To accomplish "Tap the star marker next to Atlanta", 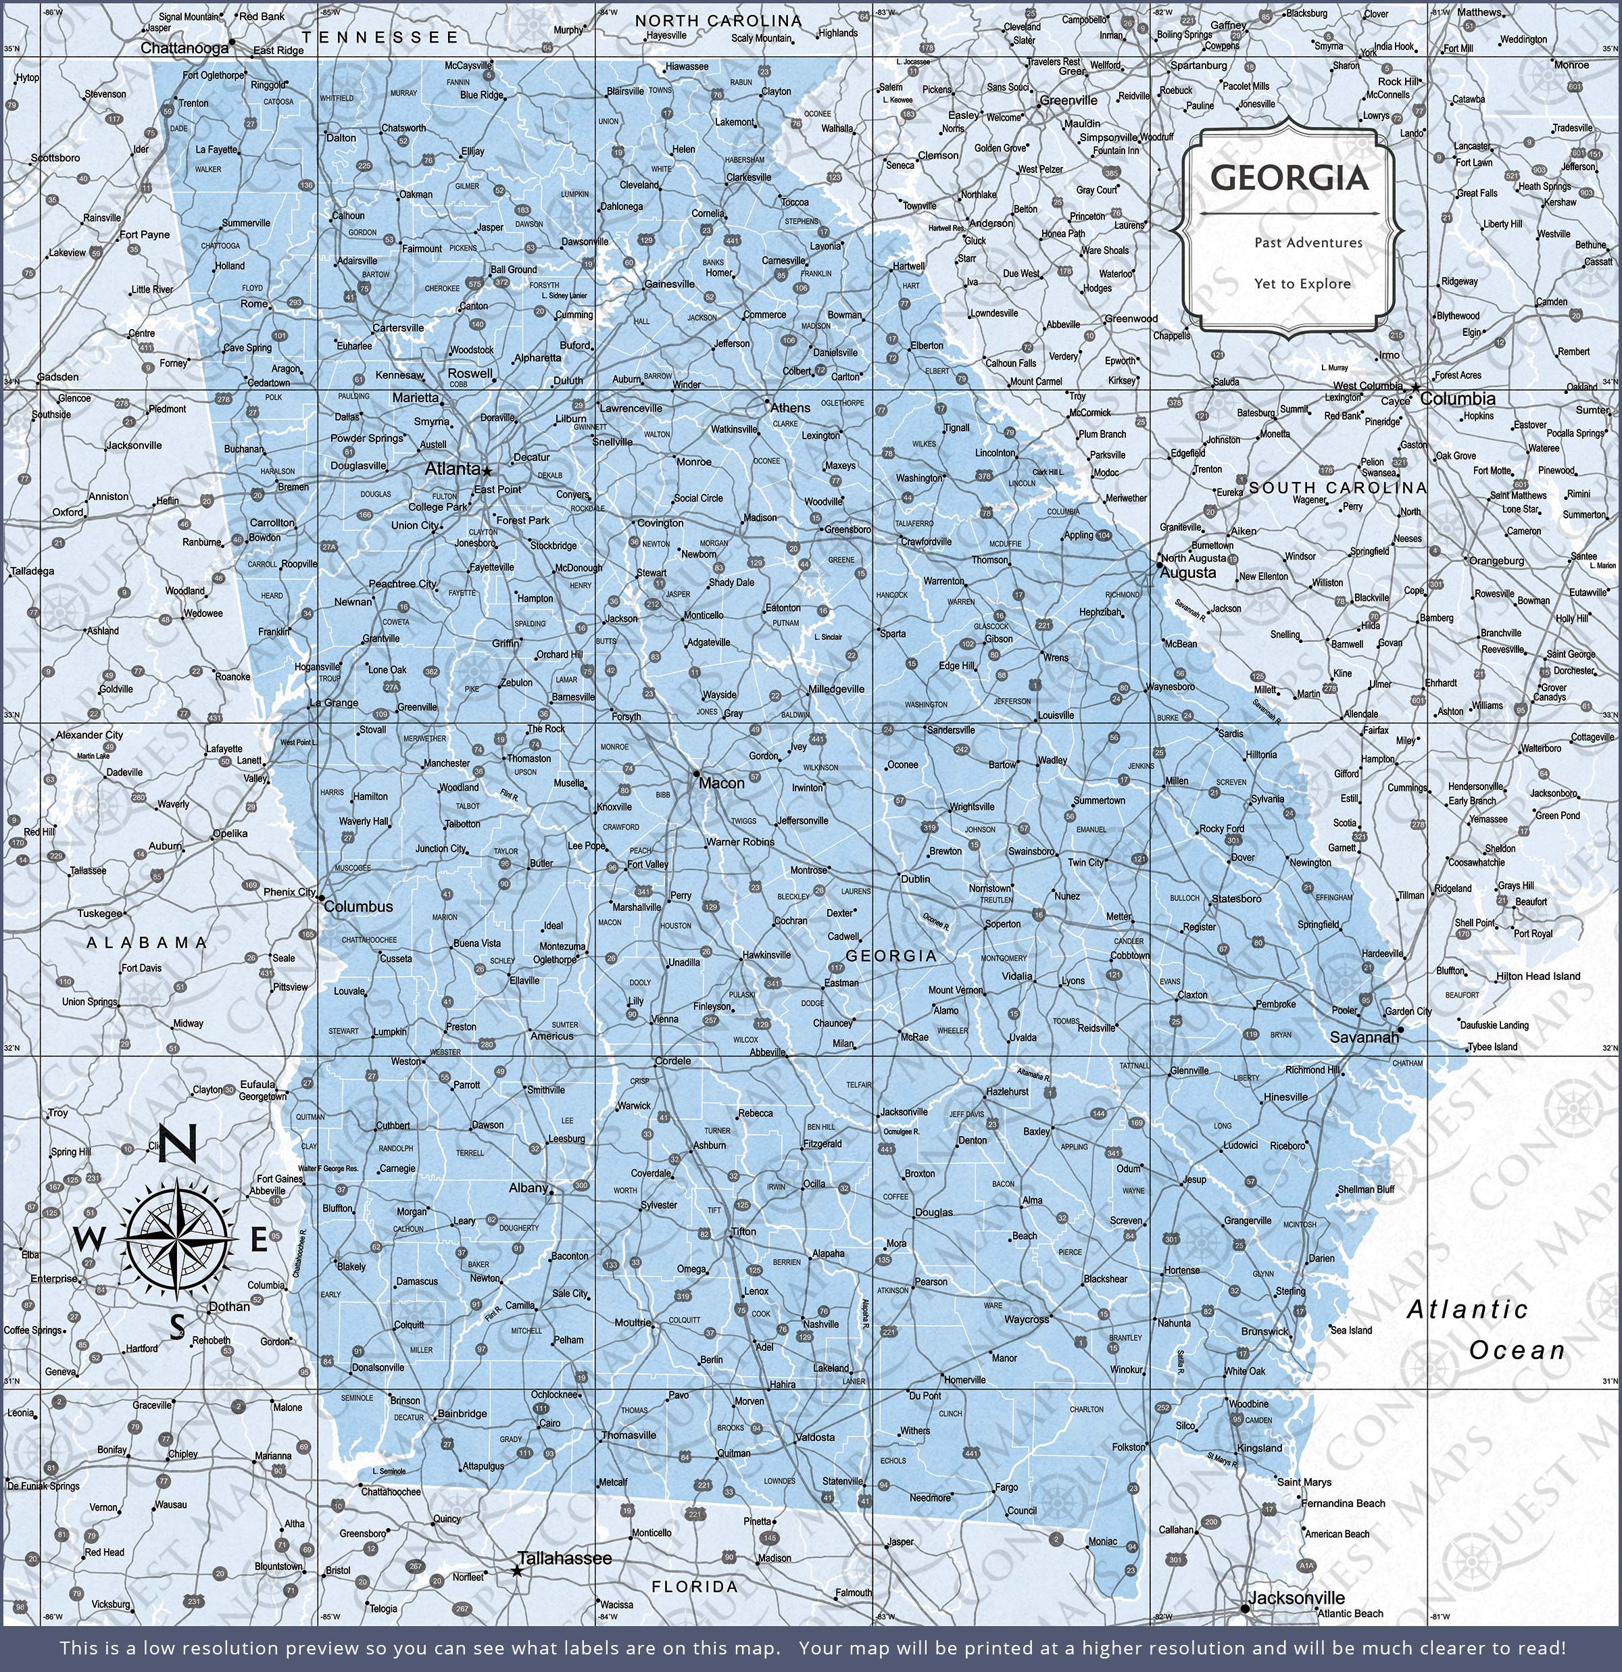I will click(x=487, y=470).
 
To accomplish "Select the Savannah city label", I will click(x=1365, y=1037).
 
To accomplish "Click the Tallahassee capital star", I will click(x=517, y=1571).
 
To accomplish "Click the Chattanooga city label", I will click(x=185, y=48).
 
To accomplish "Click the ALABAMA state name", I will click(x=147, y=943).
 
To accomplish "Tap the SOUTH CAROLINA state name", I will click(x=1337, y=487).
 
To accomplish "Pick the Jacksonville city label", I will click(x=1296, y=1598).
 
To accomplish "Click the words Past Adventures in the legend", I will click(x=1308, y=242).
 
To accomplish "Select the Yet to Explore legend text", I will click(x=1302, y=283).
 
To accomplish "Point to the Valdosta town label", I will click(x=815, y=1437).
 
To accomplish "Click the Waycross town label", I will click(x=1027, y=1320).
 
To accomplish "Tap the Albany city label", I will click(x=528, y=1187).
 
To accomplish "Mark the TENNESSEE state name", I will click(x=380, y=36).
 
